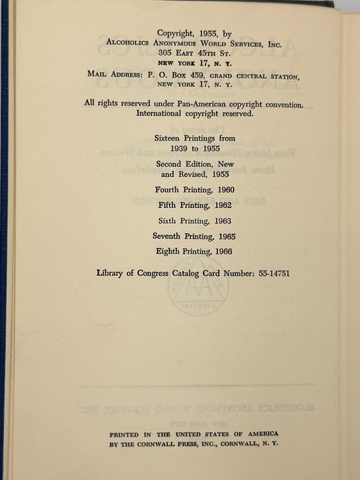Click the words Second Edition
178,165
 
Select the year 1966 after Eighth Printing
224,252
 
